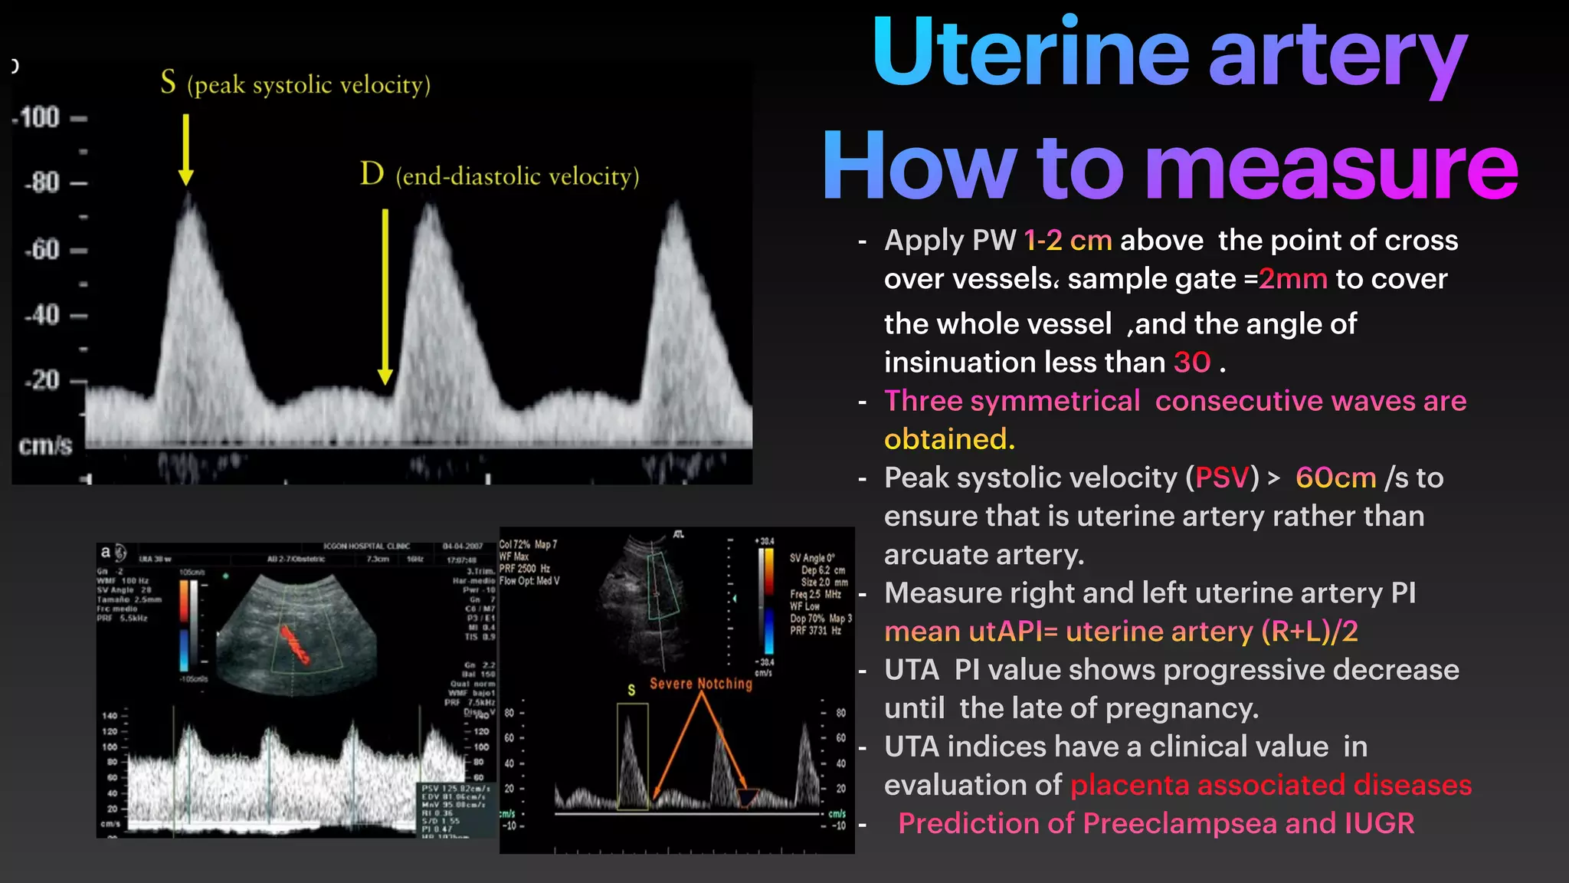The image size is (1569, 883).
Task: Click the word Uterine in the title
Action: click(1030, 54)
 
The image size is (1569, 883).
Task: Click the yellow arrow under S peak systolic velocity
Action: click(185, 149)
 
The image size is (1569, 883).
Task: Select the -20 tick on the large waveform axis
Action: click(42, 380)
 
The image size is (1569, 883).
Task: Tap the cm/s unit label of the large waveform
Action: click(45, 445)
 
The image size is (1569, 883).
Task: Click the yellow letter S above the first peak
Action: click(169, 81)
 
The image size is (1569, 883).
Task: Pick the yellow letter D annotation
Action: click(372, 174)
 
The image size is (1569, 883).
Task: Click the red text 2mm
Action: click(1292, 279)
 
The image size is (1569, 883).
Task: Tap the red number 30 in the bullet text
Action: click(1192, 363)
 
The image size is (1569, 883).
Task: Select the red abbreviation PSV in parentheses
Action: click(1223, 478)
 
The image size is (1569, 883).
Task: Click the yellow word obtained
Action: click(949, 439)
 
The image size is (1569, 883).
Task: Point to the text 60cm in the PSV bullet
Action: click(1335, 478)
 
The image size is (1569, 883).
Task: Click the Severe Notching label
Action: click(701, 684)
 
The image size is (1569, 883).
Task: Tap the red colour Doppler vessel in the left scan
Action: click(294, 644)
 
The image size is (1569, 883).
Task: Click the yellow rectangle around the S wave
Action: click(632, 757)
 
